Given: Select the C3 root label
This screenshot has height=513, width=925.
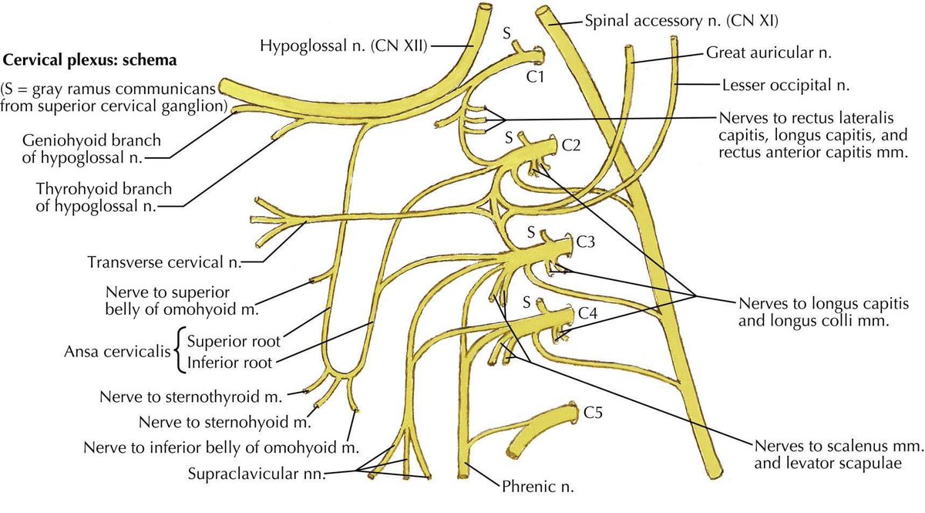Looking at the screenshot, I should [x=585, y=241].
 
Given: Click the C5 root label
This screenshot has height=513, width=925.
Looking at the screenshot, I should [x=594, y=413].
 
